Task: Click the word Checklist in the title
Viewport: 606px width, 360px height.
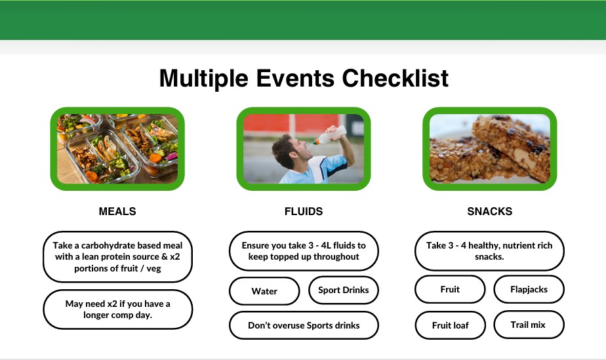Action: [395, 79]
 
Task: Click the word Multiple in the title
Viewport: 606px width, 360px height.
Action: [204, 79]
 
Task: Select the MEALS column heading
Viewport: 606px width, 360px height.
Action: [117, 211]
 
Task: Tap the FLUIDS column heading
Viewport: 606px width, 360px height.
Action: [304, 211]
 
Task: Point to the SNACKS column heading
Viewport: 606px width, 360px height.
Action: [490, 211]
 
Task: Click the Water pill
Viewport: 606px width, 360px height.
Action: [264, 291]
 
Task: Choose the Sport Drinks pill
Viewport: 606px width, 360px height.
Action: [344, 290]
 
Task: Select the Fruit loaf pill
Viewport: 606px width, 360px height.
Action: [451, 325]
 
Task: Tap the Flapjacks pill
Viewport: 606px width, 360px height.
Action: [529, 289]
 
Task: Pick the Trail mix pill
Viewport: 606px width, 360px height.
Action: [529, 325]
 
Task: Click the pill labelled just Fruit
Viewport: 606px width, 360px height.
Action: [450, 289]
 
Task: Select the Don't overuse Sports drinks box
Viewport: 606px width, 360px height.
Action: [304, 325]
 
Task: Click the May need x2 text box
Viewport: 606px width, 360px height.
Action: [117, 310]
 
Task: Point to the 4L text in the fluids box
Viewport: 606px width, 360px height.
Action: [326, 245]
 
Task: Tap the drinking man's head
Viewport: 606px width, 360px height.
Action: [291, 151]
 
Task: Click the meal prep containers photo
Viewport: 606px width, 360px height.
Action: [117, 149]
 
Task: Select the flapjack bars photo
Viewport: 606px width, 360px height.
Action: [490, 149]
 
